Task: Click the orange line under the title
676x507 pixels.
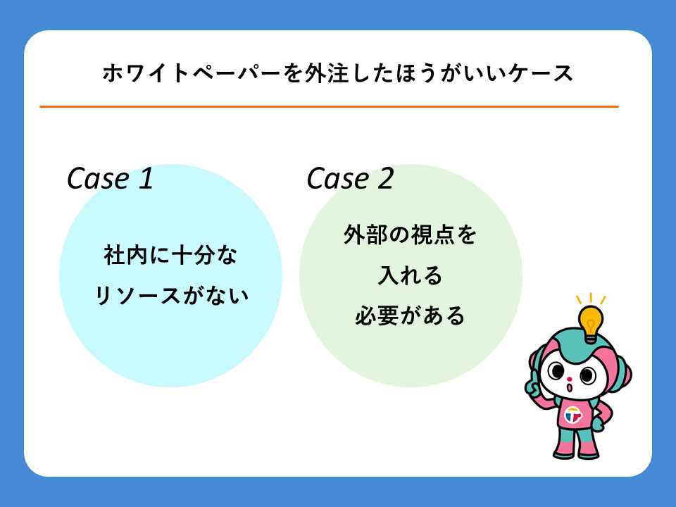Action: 329,106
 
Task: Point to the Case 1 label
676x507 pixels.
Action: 110,178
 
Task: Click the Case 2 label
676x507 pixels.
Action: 350,178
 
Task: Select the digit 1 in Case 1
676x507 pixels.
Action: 146,178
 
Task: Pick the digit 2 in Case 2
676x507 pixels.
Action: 386,178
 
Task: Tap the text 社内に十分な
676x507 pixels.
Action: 170,255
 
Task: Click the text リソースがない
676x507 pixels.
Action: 171,296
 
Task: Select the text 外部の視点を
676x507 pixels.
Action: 410,235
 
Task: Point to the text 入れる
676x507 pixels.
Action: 410,275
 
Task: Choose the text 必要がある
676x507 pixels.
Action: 410,315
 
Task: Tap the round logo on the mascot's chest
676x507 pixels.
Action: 573,415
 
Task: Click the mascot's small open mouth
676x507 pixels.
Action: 569,387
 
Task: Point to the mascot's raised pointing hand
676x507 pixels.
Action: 534,384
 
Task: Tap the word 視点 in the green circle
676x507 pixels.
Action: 432,235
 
